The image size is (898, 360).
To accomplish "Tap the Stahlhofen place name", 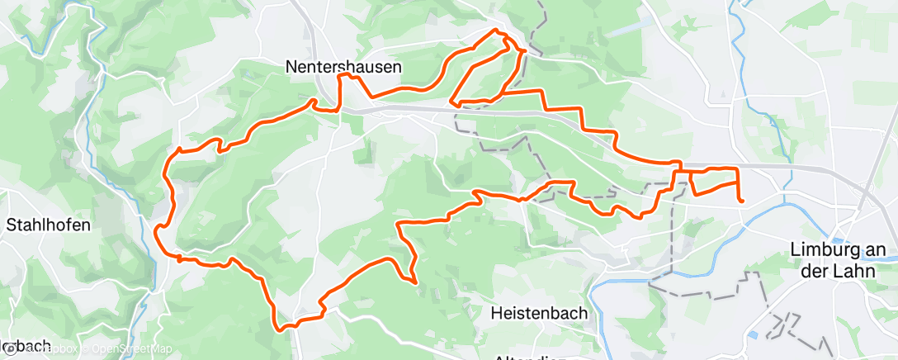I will [48, 224].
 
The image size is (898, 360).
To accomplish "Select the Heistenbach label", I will [538, 313].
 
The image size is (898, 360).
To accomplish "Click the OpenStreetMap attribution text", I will [131, 348].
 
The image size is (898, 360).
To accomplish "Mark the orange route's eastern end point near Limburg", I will [741, 200].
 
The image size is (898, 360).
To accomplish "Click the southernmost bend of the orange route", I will [282, 329].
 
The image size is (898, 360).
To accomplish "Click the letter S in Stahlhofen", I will [12, 224].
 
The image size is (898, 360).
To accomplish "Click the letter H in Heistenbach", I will [495, 313].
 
